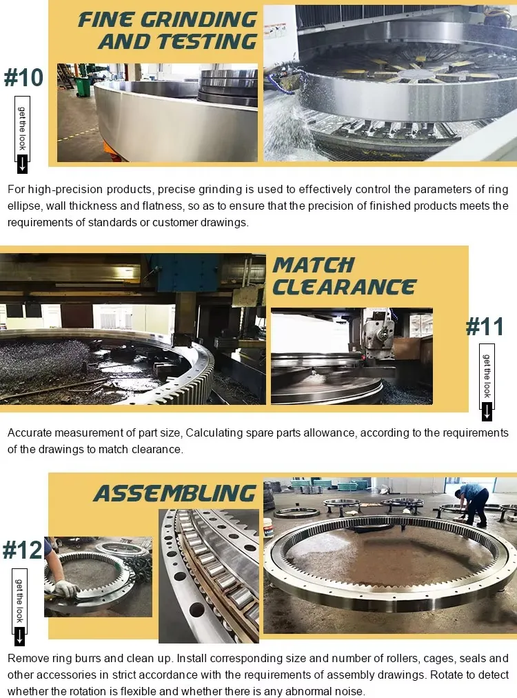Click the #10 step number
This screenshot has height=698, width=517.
point(24,77)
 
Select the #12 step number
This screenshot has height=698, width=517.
point(22,550)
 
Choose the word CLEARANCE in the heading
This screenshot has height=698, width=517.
point(344,287)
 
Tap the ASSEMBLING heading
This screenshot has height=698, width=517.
point(175,493)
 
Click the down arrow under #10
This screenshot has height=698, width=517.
point(22,163)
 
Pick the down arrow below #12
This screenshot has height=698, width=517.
point(20,636)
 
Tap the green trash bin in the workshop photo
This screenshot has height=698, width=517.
point(83,86)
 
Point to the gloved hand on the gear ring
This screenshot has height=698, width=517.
point(67,588)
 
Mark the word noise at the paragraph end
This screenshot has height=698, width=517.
point(349,691)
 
